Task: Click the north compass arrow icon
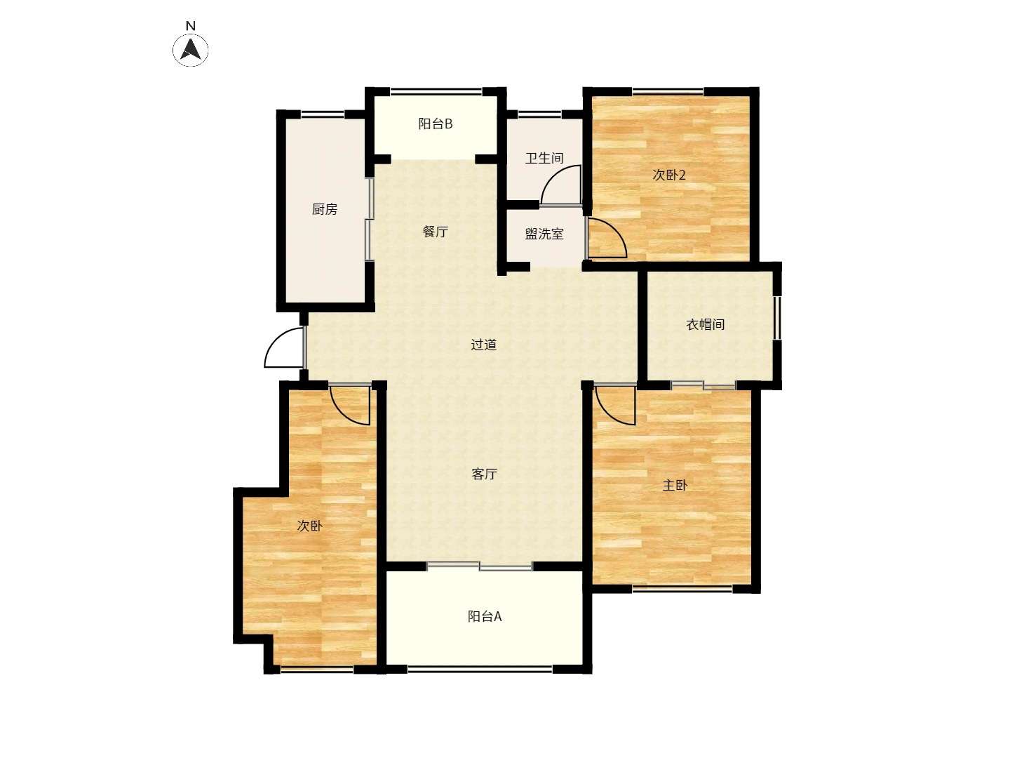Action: pos(190,49)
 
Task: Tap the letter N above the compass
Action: pos(190,26)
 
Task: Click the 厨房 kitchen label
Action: pos(325,209)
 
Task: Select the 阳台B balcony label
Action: pos(436,124)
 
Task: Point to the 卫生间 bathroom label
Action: pos(544,159)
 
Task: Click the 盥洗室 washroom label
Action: pos(544,234)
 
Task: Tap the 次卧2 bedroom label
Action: pos(669,175)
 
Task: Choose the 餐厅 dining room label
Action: pos(436,232)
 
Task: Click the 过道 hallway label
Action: pos(483,344)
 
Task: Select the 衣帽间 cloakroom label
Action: pos(706,324)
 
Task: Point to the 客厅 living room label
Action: pos(485,474)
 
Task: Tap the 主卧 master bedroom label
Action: pos(675,484)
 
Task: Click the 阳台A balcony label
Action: pos(485,616)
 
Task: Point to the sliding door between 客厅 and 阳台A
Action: pos(480,566)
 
